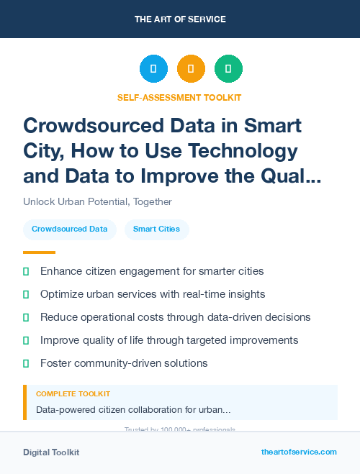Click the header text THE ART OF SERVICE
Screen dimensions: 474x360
pyautogui.click(x=180, y=19)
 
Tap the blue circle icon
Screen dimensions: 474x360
pyautogui.click(x=153, y=69)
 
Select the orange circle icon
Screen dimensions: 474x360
pyautogui.click(x=191, y=69)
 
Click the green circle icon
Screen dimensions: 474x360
pyautogui.click(x=228, y=69)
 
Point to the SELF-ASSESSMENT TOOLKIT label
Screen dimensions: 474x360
pyautogui.click(x=179, y=97)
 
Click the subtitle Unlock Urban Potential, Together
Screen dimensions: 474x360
pyautogui.click(x=97, y=201)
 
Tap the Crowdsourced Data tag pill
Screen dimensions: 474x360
pyautogui.click(x=70, y=229)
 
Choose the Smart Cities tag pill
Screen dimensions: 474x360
pyautogui.click(x=156, y=229)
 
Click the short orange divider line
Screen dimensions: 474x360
pyautogui.click(x=39, y=252)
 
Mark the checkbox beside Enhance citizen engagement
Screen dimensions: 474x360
pyautogui.click(x=26, y=272)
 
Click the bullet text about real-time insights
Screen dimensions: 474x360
pyautogui.click(x=153, y=294)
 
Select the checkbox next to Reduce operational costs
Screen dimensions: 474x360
pyautogui.click(x=26, y=317)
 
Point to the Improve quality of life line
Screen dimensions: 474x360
pyautogui.click(x=168, y=340)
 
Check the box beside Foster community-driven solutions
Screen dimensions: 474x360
pyautogui.click(x=26, y=363)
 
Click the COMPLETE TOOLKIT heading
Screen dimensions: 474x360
pyautogui.click(x=73, y=394)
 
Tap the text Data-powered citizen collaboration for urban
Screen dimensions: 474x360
pyautogui.click(x=133, y=410)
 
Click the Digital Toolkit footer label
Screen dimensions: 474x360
pyautogui.click(x=51, y=452)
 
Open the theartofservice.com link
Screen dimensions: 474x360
pyautogui.click(x=299, y=452)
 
